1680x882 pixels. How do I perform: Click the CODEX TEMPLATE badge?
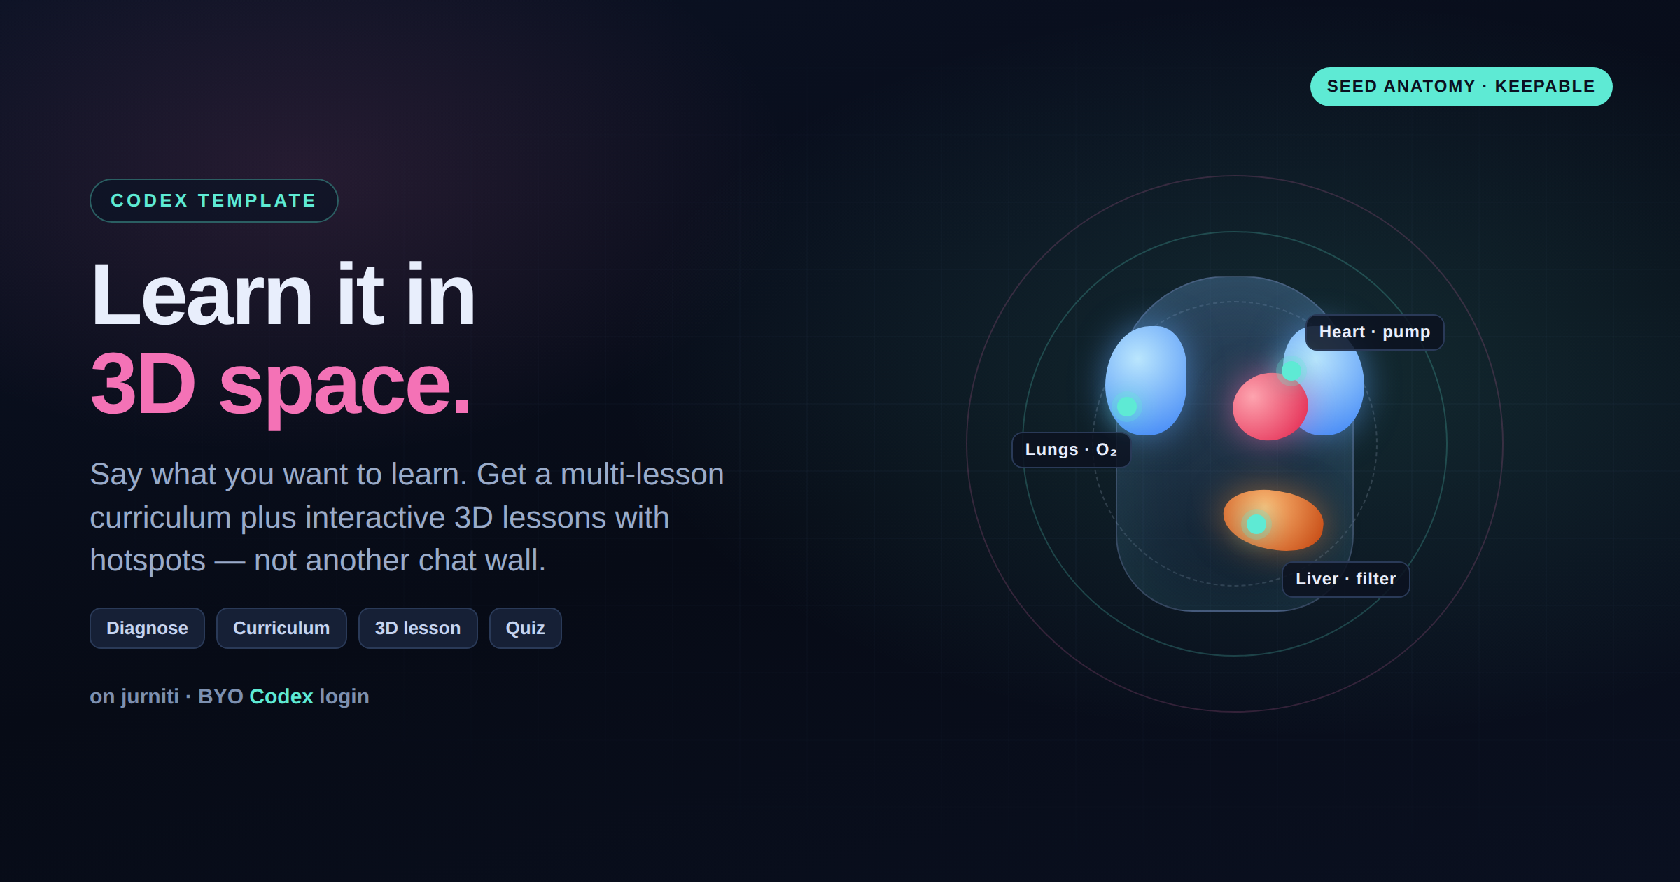213,201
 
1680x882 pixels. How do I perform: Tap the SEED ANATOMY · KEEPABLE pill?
1461,87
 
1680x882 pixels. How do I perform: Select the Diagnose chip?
147,628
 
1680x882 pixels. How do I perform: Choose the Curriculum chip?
281,628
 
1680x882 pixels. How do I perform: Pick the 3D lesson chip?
418,628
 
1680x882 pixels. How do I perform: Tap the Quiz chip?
525,628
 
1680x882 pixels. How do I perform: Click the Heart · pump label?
1375,332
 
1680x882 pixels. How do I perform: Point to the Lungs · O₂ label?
1071,450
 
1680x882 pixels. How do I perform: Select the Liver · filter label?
1345,580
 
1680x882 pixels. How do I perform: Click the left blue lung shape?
1146,380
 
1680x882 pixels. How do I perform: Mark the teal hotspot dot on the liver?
1256,524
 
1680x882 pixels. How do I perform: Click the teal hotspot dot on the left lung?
1127,406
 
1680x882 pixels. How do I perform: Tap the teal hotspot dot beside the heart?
1291,370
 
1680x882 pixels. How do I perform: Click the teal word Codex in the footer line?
281,696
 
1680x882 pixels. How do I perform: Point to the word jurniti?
150,696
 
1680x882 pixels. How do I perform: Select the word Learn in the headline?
202,295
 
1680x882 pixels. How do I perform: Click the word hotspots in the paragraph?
148,561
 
